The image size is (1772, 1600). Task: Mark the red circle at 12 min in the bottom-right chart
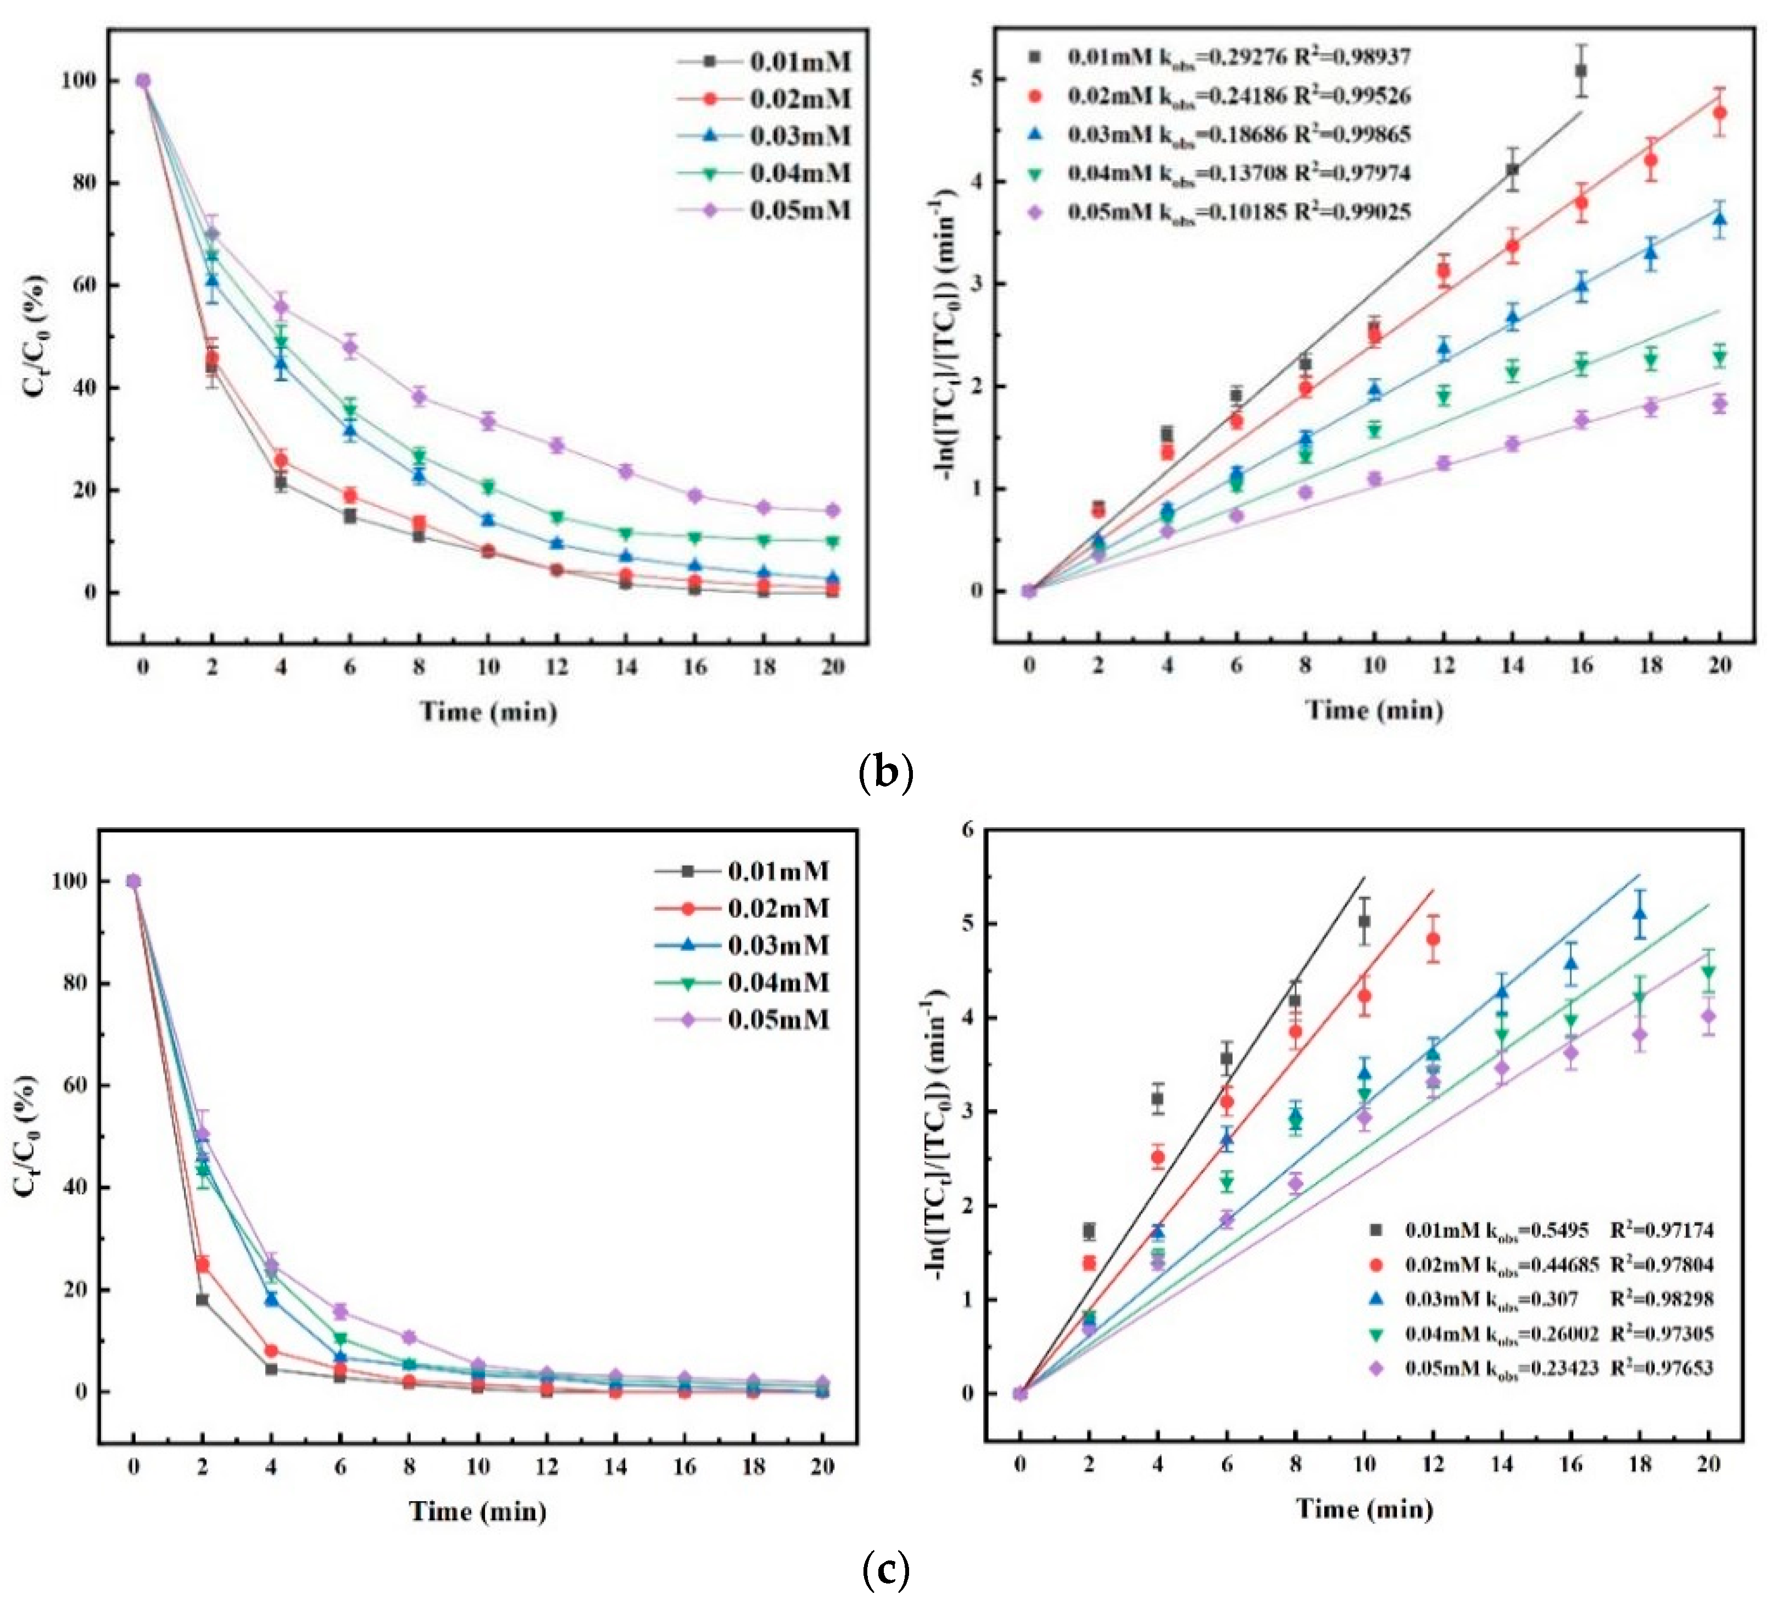pos(1433,939)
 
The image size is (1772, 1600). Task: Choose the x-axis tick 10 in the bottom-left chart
pos(477,1467)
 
